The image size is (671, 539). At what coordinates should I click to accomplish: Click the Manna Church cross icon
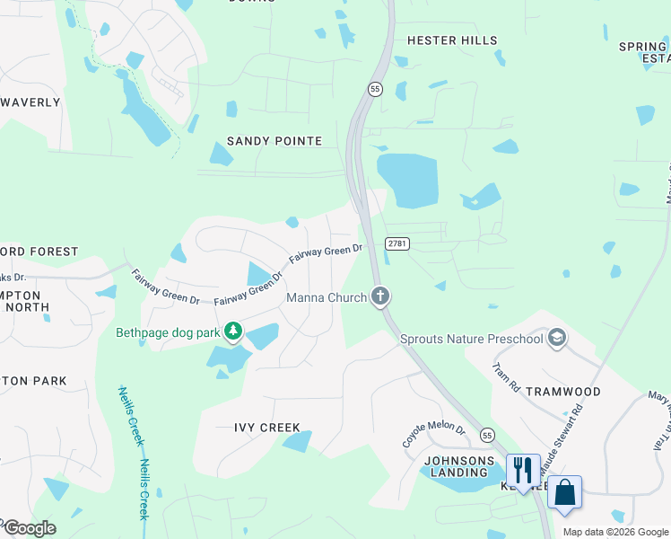pyautogui.click(x=380, y=296)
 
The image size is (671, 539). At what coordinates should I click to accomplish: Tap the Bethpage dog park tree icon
pyautogui.click(x=233, y=332)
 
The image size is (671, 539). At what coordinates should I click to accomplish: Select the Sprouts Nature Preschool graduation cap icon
pyautogui.click(x=557, y=338)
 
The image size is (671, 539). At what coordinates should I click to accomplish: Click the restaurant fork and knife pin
pyautogui.click(x=522, y=470)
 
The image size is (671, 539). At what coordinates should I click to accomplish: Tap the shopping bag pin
pyautogui.click(x=564, y=492)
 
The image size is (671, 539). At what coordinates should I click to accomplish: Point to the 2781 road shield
pyautogui.click(x=397, y=243)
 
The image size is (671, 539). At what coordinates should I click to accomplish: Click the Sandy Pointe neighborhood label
pyautogui.click(x=274, y=141)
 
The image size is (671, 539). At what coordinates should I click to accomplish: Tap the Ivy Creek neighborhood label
pyautogui.click(x=267, y=428)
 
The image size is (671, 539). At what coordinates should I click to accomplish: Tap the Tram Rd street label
pyautogui.click(x=507, y=376)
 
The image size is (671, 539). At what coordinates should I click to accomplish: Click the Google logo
pyautogui.click(x=29, y=527)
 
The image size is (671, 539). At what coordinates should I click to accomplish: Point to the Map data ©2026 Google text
pyautogui.click(x=615, y=532)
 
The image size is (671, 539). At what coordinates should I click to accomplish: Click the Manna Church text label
pyautogui.click(x=327, y=297)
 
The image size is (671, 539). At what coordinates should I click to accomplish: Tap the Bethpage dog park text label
pyautogui.click(x=168, y=332)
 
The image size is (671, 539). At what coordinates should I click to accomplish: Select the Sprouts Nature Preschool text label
pyautogui.click(x=472, y=339)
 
